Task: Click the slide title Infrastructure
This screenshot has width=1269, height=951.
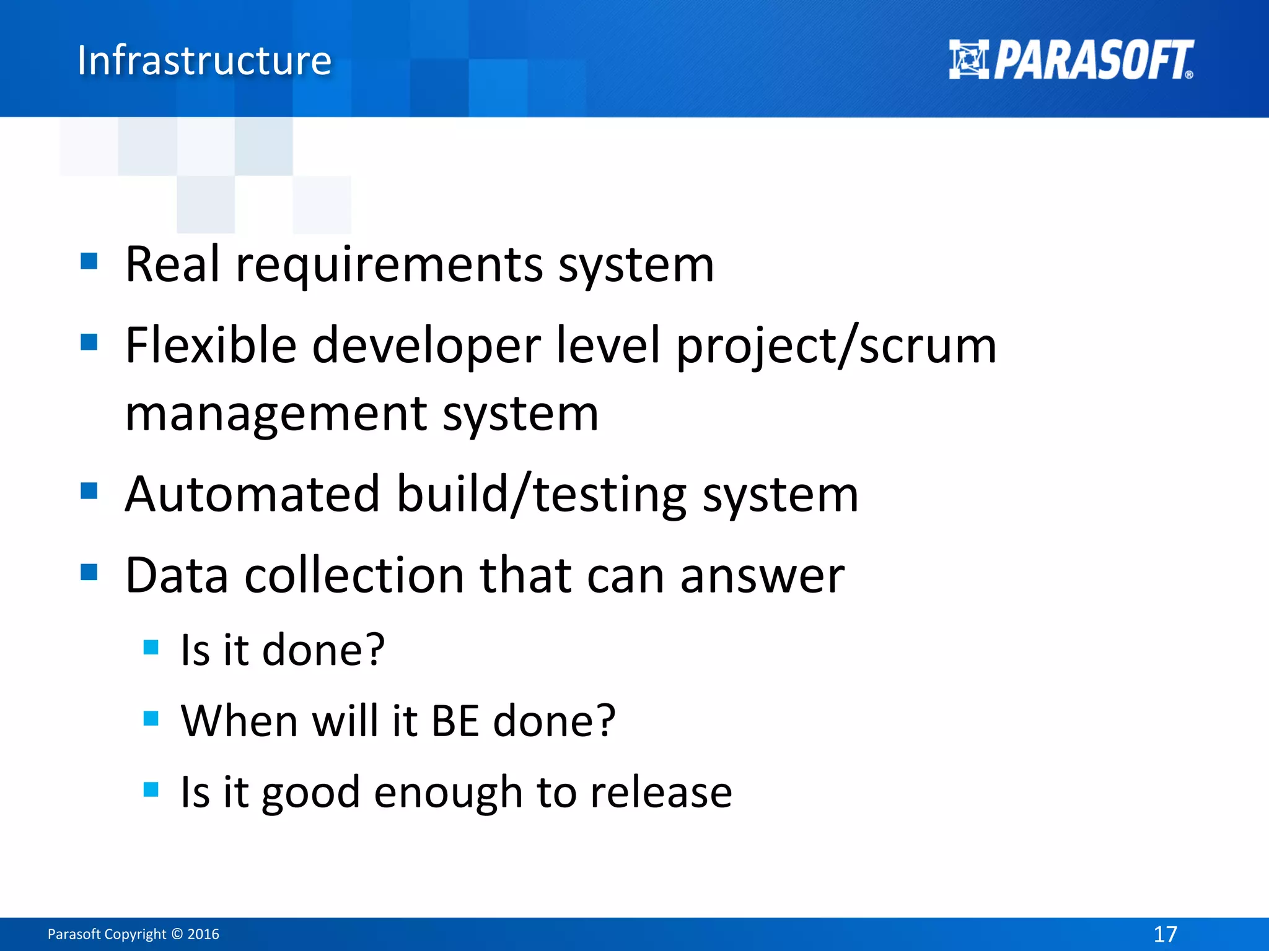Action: (204, 61)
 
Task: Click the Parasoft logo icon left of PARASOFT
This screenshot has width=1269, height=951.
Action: (968, 59)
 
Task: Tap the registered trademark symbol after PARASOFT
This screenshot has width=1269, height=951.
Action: (1188, 75)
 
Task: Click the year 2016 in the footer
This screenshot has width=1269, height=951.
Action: (203, 934)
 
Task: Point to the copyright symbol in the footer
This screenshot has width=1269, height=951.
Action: (177, 934)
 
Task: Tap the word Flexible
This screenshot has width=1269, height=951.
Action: (211, 345)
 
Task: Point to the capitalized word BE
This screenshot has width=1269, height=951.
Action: (455, 721)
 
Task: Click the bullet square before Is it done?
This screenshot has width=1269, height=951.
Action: (151, 648)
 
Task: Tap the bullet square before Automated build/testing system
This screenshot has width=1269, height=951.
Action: (89, 491)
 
